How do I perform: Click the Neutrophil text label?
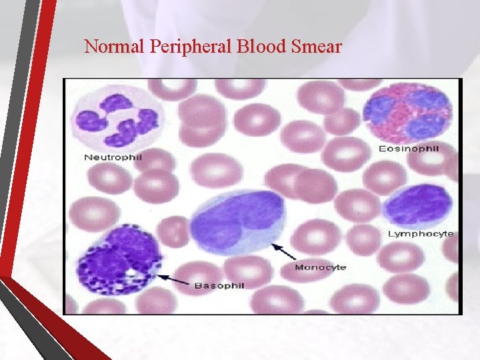113,157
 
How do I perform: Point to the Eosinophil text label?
409,148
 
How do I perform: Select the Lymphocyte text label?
421,234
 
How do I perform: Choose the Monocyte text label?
321,267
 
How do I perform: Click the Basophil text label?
219,285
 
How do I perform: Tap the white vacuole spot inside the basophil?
134,273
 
